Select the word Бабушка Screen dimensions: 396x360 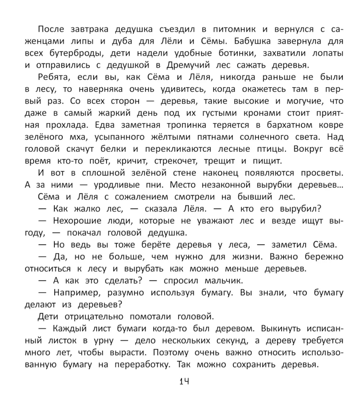pyautogui.click(x=257, y=41)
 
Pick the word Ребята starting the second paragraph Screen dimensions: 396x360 pyautogui.click(x=53, y=77)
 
